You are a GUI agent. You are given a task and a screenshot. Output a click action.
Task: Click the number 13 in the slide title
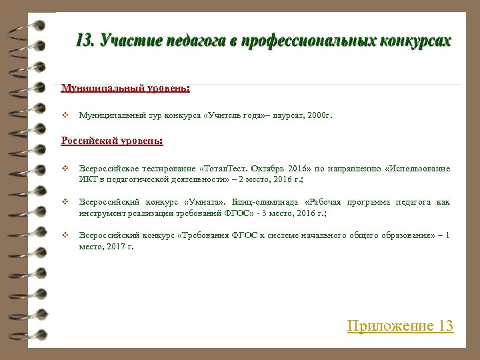[84, 41]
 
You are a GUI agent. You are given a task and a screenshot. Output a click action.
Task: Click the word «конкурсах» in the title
[415, 41]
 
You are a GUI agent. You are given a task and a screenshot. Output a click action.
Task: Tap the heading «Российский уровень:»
[112, 141]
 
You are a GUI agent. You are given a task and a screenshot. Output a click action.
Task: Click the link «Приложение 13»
[400, 326]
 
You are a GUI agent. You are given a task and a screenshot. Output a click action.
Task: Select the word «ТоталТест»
[226, 169]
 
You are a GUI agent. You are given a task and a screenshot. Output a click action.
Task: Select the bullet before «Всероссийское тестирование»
[65, 169]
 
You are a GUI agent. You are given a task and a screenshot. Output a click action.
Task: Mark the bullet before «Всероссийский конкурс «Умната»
[65, 202]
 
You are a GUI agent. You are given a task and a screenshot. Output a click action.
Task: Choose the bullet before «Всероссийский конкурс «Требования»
[65, 235]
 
